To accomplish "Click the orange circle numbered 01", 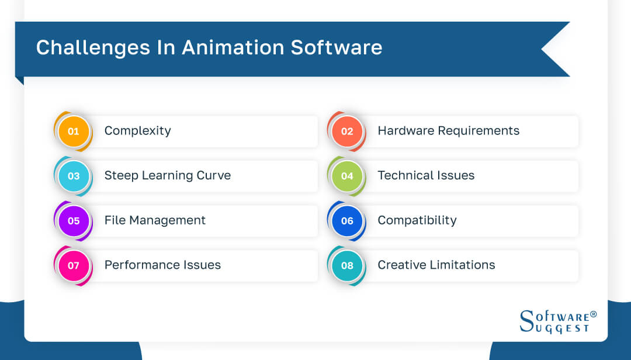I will pyautogui.click(x=73, y=131).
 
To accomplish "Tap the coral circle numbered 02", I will pyautogui.click(x=347, y=131).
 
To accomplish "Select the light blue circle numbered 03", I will pyautogui.click(x=73, y=176).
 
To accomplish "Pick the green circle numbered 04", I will pyautogui.click(x=347, y=176).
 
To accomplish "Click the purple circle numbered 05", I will pyautogui.click(x=73, y=221).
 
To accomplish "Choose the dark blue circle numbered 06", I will pyautogui.click(x=347, y=221).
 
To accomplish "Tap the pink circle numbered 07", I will pyautogui.click(x=73, y=265).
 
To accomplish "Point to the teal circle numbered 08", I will pyautogui.click(x=347, y=265).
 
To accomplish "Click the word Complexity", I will pyautogui.click(x=137, y=131).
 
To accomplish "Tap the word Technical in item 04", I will pyautogui.click(x=404, y=175).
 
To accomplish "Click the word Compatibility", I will pyautogui.click(x=417, y=220).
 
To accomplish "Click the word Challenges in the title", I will pyautogui.click(x=93, y=47).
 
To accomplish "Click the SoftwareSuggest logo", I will pyautogui.click(x=554, y=322).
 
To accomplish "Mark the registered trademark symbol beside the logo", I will pyautogui.click(x=594, y=314).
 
